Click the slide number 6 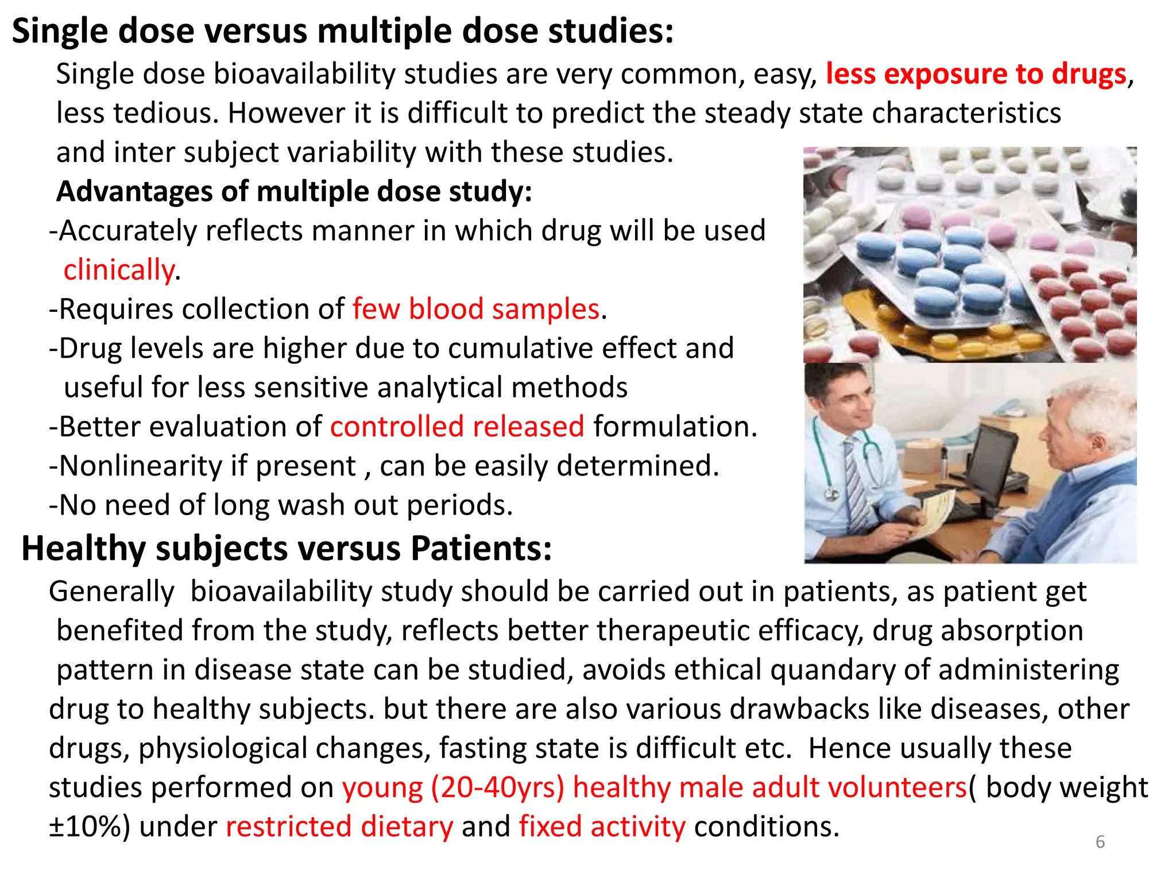click(x=1100, y=842)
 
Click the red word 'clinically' click(x=118, y=270)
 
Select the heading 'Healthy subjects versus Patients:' click(x=287, y=548)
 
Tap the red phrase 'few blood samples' click(x=476, y=310)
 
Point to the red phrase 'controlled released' click(x=457, y=427)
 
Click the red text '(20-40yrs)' click(x=497, y=787)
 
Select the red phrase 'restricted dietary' click(x=339, y=827)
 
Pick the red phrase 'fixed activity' click(x=602, y=827)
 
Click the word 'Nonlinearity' click(x=141, y=466)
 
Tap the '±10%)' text click(x=90, y=827)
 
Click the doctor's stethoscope click(x=827, y=459)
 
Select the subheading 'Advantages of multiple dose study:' click(x=294, y=192)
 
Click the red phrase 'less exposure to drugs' click(x=976, y=74)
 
